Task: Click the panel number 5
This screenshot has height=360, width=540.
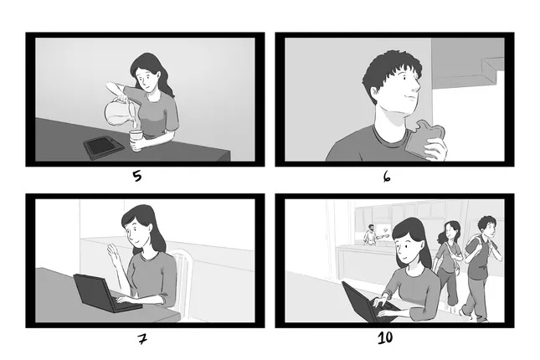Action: [136, 176]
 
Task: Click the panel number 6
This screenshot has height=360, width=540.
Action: [387, 177]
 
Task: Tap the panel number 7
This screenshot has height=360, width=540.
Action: [141, 339]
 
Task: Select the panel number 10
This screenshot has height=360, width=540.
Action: [384, 338]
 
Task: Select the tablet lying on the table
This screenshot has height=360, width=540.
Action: [102, 146]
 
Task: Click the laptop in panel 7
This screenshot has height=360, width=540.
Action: [96, 292]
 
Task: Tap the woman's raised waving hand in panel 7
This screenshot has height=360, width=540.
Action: [114, 255]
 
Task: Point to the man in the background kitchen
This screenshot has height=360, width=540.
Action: [369, 234]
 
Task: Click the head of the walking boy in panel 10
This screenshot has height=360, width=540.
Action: [486, 227]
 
